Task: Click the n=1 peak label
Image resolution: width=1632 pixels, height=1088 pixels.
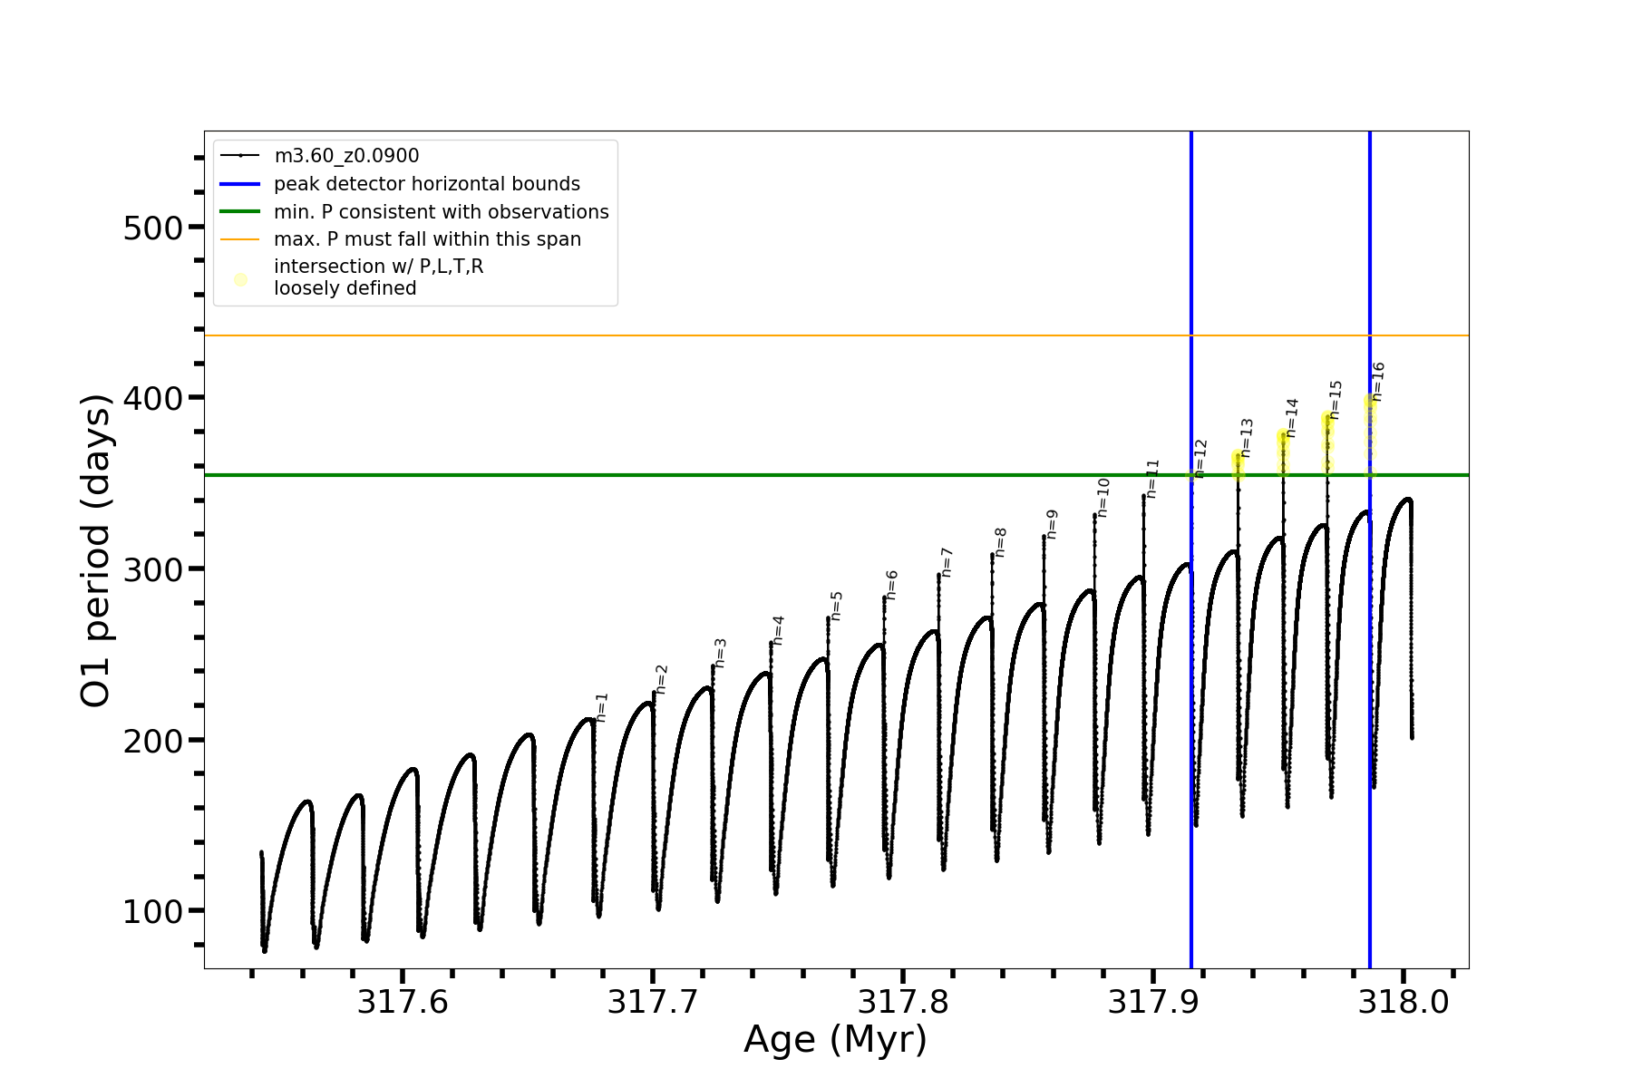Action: click(x=602, y=707)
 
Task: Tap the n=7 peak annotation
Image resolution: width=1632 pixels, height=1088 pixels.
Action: click(x=947, y=562)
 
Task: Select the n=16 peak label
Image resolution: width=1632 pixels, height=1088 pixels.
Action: click(x=1378, y=382)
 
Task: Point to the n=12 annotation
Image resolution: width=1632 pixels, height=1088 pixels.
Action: click(x=1200, y=459)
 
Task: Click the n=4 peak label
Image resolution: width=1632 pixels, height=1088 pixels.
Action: click(x=778, y=630)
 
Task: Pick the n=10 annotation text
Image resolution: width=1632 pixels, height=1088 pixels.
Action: click(x=1103, y=498)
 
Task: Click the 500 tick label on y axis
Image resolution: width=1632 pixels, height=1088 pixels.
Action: click(x=152, y=228)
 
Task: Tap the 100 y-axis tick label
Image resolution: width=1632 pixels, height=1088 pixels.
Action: click(x=152, y=911)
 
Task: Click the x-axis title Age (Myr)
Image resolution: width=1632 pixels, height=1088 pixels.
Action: click(x=835, y=1040)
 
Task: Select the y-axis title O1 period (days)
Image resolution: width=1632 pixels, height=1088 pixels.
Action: click(x=95, y=550)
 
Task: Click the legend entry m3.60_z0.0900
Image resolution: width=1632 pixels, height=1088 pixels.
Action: click(x=346, y=156)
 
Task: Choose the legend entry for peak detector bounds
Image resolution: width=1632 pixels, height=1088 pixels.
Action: click(x=426, y=184)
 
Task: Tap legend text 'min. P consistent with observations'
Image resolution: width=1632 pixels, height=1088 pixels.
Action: click(x=441, y=212)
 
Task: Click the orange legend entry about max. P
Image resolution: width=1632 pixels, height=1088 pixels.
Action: click(x=427, y=239)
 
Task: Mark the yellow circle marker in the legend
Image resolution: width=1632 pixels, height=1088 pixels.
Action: click(x=240, y=279)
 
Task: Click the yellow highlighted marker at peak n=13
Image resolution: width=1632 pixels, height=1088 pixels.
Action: click(x=1238, y=459)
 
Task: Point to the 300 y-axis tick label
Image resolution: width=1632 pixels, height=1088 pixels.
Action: click(x=152, y=569)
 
